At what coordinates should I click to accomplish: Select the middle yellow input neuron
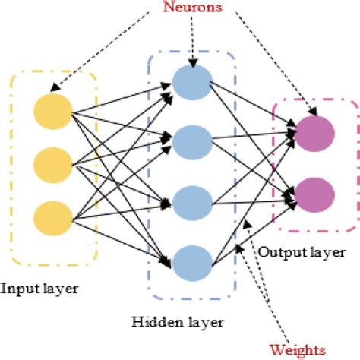52,163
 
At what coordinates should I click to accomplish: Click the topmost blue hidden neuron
192,81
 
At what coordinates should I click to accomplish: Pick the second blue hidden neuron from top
192,141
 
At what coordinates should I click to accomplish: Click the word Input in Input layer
18,289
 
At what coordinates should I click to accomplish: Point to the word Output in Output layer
278,251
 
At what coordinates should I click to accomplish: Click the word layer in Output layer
326,251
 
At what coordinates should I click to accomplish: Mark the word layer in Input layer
60,289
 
